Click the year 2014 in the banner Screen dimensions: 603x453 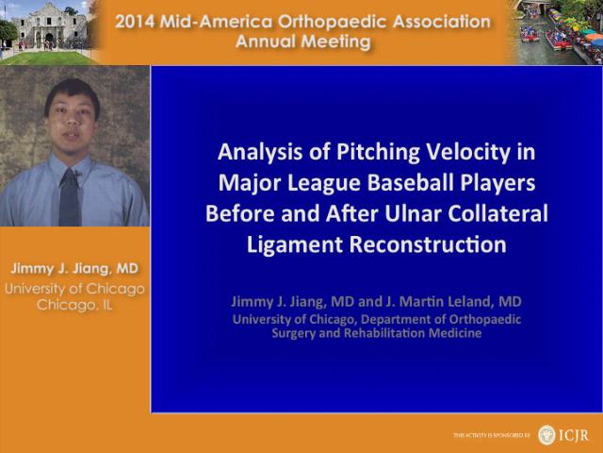[x=135, y=22]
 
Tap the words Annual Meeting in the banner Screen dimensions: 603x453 [x=303, y=42]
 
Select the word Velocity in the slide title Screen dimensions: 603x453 [x=466, y=152]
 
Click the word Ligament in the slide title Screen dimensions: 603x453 [x=295, y=245]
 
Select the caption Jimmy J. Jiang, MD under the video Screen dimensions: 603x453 [x=74, y=268]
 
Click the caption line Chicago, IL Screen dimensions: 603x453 [x=74, y=305]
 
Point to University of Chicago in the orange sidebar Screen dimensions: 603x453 [x=74, y=289]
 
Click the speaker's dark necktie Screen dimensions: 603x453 [x=70, y=197]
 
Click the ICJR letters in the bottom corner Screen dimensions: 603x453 [x=574, y=435]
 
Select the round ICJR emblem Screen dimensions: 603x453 [x=546, y=435]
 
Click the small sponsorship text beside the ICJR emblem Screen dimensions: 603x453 [x=492, y=435]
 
